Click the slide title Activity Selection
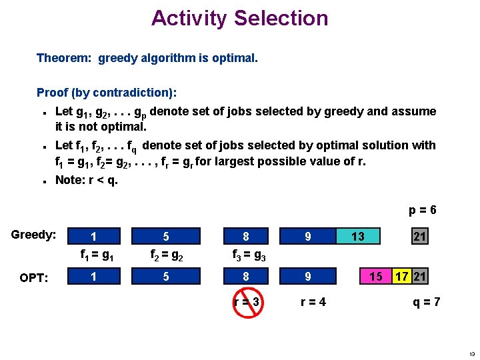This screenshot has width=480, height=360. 239,18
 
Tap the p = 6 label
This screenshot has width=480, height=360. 423,210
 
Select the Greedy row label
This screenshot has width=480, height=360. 33,235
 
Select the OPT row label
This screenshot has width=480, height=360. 33,277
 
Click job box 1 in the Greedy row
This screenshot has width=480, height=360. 93,236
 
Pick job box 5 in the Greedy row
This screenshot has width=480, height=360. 166,236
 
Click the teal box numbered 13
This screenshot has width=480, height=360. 358,236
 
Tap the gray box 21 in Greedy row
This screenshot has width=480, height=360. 419,237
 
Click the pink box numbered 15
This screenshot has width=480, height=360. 376,276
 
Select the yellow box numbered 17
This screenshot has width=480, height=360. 401,276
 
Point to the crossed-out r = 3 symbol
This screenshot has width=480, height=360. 246,302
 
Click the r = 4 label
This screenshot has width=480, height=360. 313,302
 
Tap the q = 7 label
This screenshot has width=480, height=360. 427,302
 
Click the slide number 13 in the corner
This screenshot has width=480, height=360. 471,353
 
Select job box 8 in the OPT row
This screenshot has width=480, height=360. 246,276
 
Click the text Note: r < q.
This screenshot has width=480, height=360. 86,179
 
